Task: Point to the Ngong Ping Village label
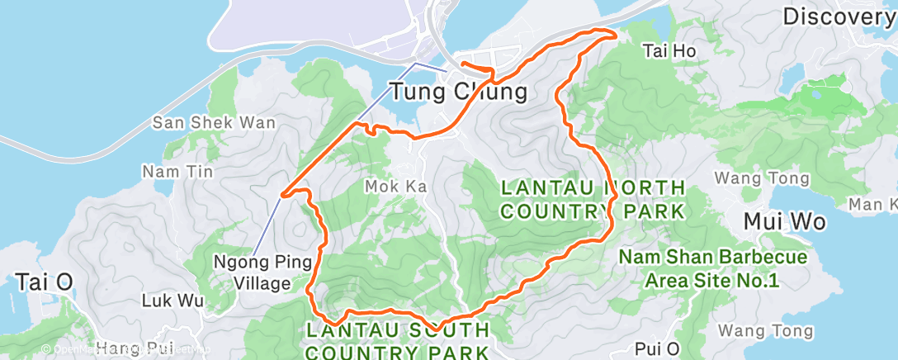pyautogui.click(x=263, y=273)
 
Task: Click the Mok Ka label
pyautogui.click(x=395, y=187)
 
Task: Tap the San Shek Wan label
pyautogui.click(x=202, y=123)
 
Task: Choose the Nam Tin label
pyautogui.click(x=177, y=172)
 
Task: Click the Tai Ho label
pyautogui.click(x=669, y=51)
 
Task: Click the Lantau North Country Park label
pyautogui.click(x=593, y=199)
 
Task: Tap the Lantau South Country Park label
pyautogui.click(x=399, y=341)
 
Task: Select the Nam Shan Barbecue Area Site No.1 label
pyautogui.click(x=713, y=269)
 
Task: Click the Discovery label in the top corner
pyautogui.click(x=839, y=16)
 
